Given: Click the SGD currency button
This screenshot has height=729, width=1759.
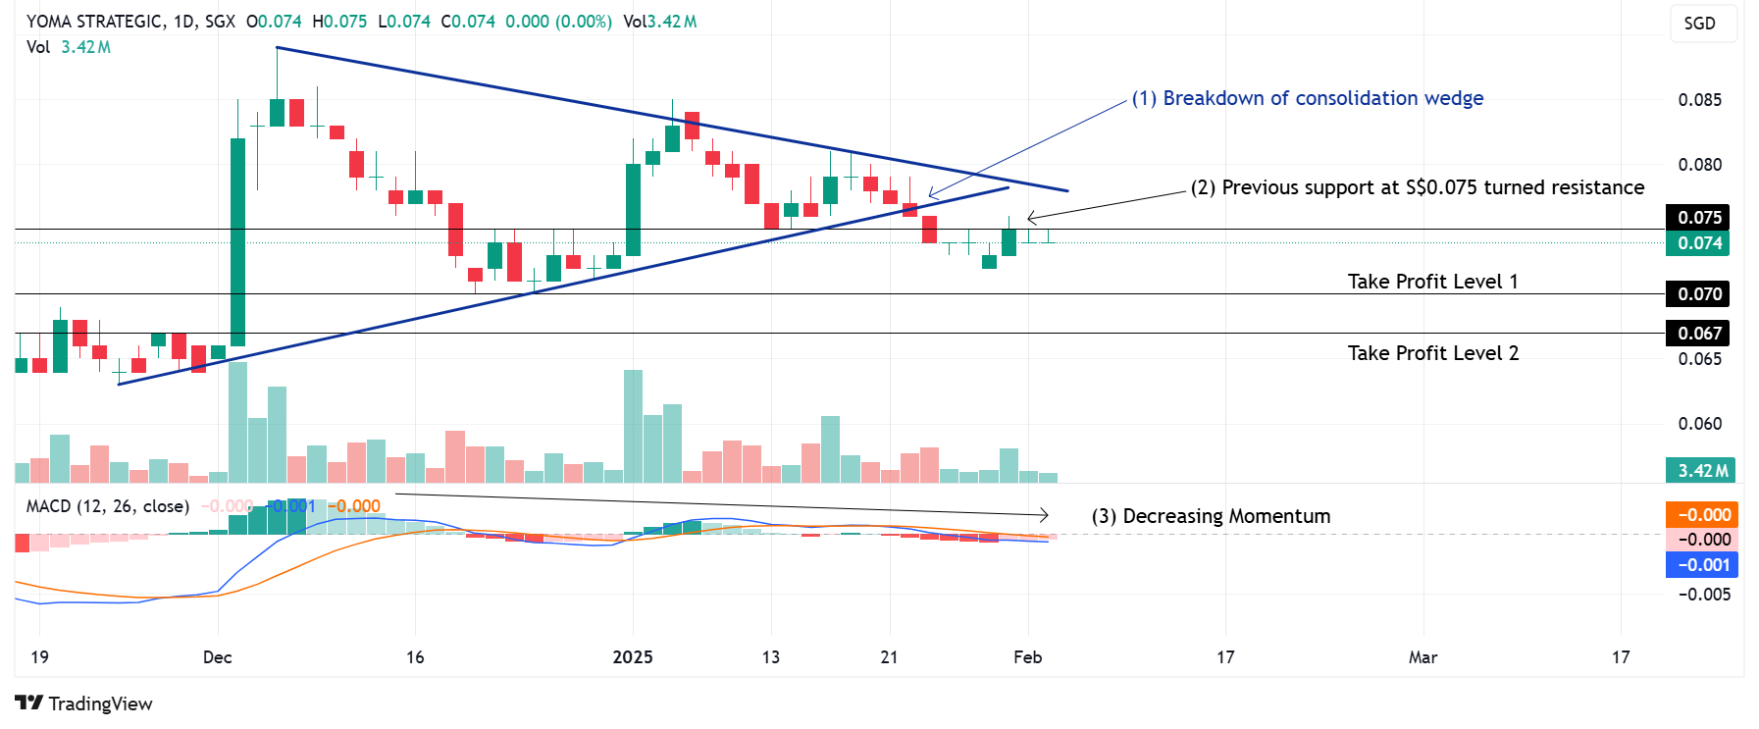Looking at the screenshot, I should [1700, 24].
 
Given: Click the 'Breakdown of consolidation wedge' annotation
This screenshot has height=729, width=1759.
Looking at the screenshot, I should [1307, 98].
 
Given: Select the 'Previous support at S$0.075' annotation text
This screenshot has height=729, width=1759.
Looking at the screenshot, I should [1417, 187].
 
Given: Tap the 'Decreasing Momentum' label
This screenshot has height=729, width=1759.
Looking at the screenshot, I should [1211, 516].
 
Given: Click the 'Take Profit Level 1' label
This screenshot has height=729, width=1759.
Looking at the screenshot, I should [1432, 282].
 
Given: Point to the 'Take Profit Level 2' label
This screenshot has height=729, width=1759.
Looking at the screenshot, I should [1432, 353].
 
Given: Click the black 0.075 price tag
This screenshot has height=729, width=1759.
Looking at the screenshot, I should [1698, 218].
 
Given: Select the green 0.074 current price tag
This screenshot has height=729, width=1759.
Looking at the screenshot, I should [1698, 243].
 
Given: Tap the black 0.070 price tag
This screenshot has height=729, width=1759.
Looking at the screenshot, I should [1698, 294].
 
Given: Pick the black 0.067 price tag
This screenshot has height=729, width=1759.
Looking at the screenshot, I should [1698, 334].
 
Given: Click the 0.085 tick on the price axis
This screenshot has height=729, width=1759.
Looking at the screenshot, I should [1699, 100].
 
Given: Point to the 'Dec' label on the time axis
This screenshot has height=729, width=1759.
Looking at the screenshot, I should [218, 657].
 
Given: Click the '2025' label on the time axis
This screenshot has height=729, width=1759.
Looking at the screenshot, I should [633, 657].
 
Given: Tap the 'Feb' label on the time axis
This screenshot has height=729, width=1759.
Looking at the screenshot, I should [1027, 657].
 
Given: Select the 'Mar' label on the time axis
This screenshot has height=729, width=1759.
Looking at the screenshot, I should [1423, 657].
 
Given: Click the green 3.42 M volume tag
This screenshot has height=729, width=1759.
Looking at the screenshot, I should [1702, 471].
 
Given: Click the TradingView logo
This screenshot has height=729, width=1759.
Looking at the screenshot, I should [84, 703].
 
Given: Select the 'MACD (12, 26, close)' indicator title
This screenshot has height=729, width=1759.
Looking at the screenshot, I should [108, 506].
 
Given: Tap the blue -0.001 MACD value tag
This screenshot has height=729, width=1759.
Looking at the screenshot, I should [1702, 565].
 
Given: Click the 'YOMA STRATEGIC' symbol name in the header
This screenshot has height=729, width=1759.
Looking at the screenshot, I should [94, 22].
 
